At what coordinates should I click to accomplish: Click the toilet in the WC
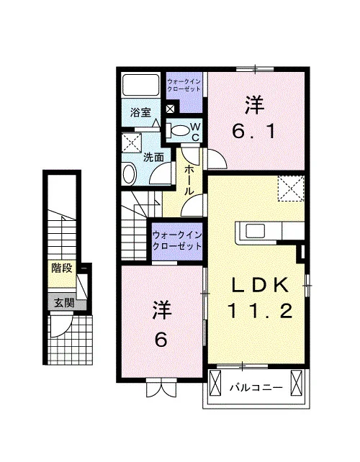pos(178,130)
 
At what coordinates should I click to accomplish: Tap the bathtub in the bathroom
pos(141,85)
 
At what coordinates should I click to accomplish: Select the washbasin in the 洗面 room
pos(129,175)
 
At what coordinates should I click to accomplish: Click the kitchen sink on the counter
pos(256,230)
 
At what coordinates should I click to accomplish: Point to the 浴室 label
pos(141,112)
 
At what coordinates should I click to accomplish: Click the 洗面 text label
pos(153,158)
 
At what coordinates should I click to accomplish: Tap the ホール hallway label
pos(189,181)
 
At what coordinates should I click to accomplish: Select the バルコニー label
pos(256,387)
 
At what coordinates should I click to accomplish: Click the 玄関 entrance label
pos(64,302)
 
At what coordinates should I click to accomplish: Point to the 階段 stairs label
pos(62,268)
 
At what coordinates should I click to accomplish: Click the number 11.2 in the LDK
pos(260,311)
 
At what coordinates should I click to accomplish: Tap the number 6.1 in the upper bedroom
pos(254,132)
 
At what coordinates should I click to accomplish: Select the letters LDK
pos(260,285)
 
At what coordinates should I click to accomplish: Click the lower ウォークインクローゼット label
pos(177,240)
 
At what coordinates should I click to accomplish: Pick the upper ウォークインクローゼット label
pos(184,85)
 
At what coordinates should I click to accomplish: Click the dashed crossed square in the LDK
pos(291,189)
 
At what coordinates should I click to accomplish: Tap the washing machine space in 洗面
pos(132,143)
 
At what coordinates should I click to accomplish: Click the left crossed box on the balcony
pos(215,383)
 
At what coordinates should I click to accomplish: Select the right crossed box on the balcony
pos(297,382)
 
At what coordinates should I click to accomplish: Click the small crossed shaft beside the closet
pos(170,109)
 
